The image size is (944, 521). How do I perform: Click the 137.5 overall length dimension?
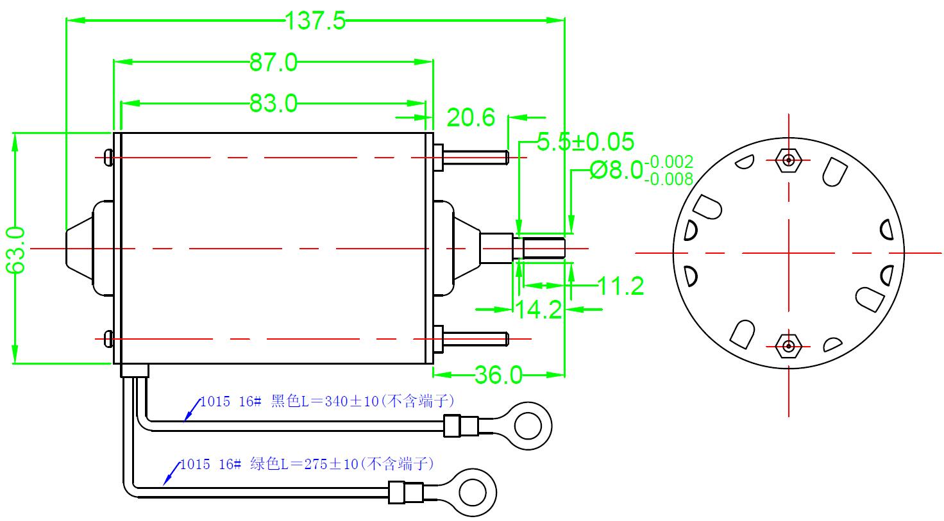(x=315, y=21)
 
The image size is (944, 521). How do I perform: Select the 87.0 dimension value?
(x=274, y=63)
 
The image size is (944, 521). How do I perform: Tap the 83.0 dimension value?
(x=274, y=103)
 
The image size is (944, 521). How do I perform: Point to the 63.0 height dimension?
(x=15, y=249)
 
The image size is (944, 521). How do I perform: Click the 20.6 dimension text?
(x=471, y=118)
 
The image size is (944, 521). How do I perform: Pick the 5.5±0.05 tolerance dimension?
(x=585, y=142)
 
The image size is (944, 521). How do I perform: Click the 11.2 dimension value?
(x=620, y=286)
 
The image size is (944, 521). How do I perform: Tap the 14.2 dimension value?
(x=539, y=310)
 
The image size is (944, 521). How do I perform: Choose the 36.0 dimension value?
(x=498, y=375)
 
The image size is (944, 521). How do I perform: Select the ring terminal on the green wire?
(x=474, y=492)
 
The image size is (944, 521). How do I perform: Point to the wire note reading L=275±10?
(x=307, y=464)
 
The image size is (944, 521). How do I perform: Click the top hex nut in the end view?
(x=788, y=160)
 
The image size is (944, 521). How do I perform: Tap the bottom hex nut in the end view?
(x=788, y=347)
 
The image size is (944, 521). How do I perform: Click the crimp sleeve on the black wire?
(x=460, y=424)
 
